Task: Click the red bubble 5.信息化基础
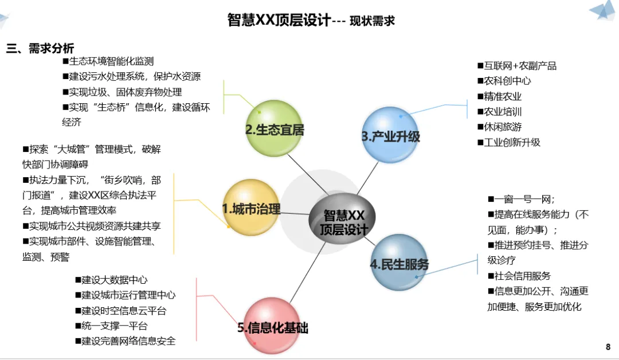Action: (x=273, y=327)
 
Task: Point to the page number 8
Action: (x=608, y=347)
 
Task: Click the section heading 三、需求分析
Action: (x=40, y=49)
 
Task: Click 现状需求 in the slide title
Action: (x=372, y=21)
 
